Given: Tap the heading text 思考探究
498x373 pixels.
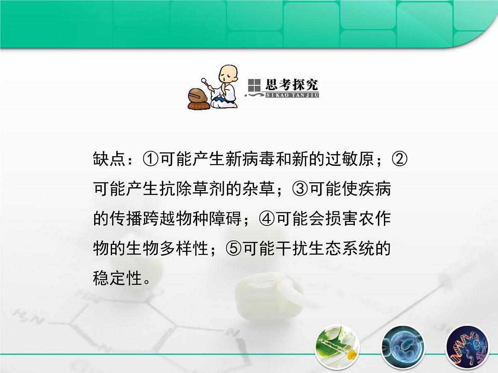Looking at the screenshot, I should (292, 85).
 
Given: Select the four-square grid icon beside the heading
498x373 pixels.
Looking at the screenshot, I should (254, 85).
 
